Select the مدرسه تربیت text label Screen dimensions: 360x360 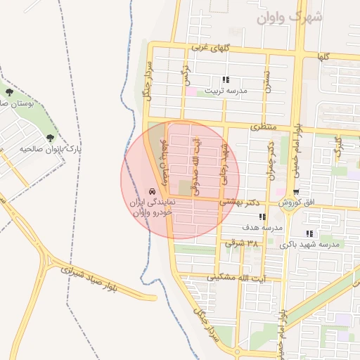(226, 91)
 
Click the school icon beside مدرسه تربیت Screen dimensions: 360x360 (226, 80)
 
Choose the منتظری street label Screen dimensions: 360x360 (265, 127)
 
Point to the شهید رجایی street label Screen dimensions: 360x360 (225, 162)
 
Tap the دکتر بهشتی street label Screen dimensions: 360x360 (240, 202)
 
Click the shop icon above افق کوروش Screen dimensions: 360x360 (296, 191)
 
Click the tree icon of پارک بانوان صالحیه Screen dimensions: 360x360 (50, 138)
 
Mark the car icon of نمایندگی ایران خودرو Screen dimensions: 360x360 (152, 192)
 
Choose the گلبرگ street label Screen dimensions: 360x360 (338, 150)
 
